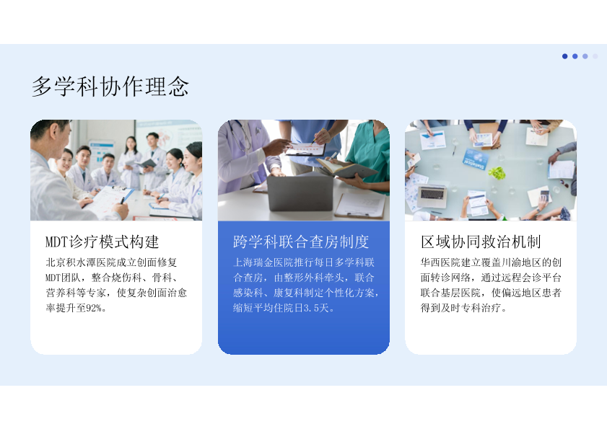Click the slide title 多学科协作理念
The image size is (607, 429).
[x=110, y=86]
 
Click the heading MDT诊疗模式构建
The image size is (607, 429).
[x=102, y=242]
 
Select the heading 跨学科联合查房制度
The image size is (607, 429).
[x=301, y=242]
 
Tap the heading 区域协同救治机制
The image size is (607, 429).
[x=481, y=242]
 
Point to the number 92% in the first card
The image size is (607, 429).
[x=94, y=308]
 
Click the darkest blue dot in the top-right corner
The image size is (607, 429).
[x=565, y=56]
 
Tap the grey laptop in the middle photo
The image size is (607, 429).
[x=300, y=192]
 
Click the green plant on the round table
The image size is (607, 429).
[x=497, y=172]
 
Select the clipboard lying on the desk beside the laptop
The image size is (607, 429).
[x=360, y=205]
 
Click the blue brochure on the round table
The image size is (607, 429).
[x=476, y=159]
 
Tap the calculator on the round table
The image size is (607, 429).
[x=545, y=195]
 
